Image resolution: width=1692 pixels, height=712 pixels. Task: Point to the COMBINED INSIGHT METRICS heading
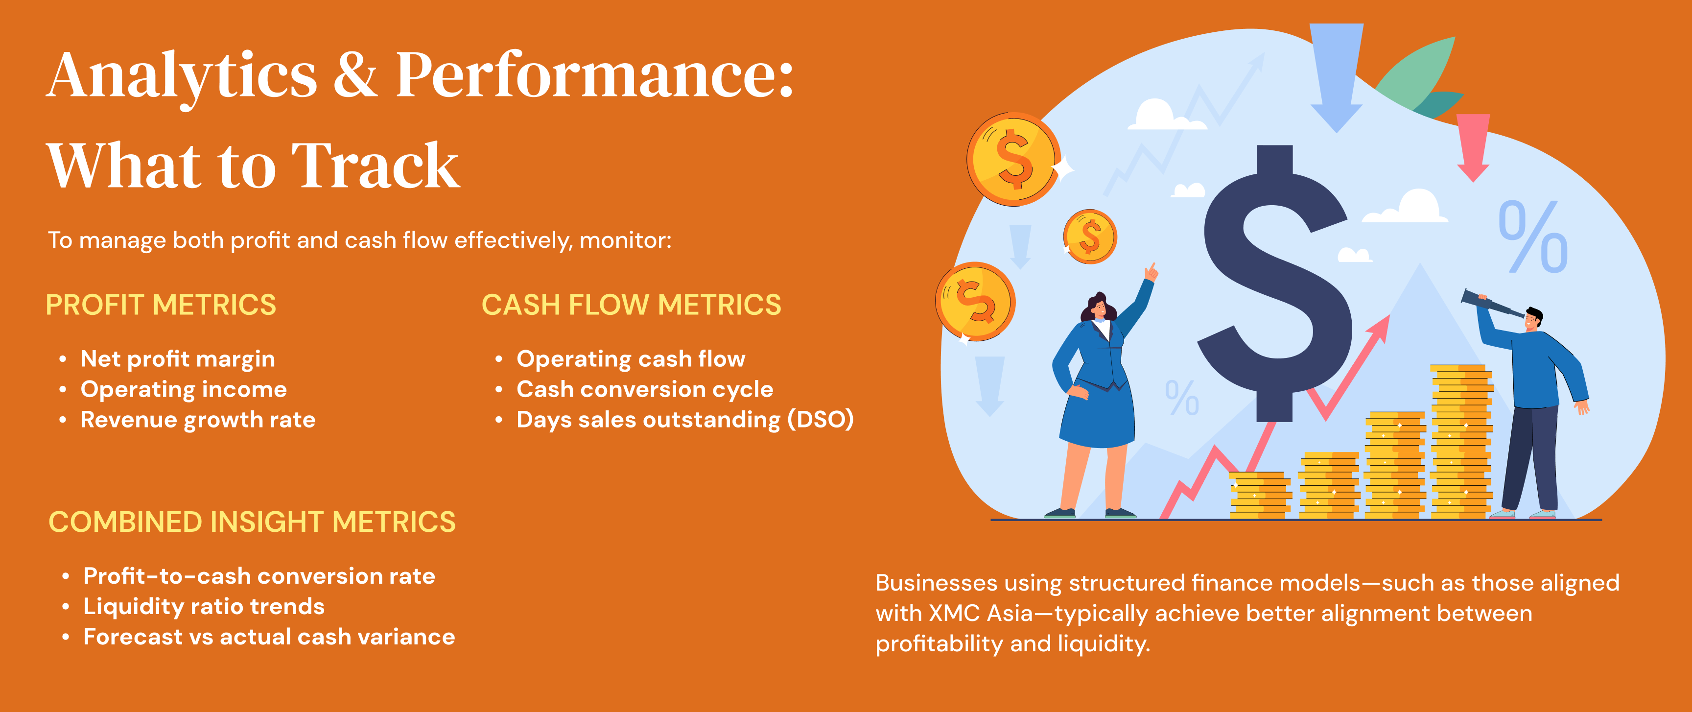coord(252,522)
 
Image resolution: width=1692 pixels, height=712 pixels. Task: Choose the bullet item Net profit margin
coord(177,359)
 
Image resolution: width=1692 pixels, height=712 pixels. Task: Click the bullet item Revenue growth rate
coord(198,420)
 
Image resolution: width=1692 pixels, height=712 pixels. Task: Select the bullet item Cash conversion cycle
coord(645,389)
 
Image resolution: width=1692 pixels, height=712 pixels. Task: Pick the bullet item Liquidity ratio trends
coord(204,606)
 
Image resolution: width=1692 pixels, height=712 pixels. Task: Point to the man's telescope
coord(1491,304)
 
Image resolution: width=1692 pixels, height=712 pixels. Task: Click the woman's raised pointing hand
coord(1151,271)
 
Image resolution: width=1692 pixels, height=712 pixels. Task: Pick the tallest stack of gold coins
coord(1461,441)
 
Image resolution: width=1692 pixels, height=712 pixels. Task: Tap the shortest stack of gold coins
coord(1260,496)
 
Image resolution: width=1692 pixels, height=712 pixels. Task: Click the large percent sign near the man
coord(1533,237)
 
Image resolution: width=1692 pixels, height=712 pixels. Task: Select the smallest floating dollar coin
coord(1090,237)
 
